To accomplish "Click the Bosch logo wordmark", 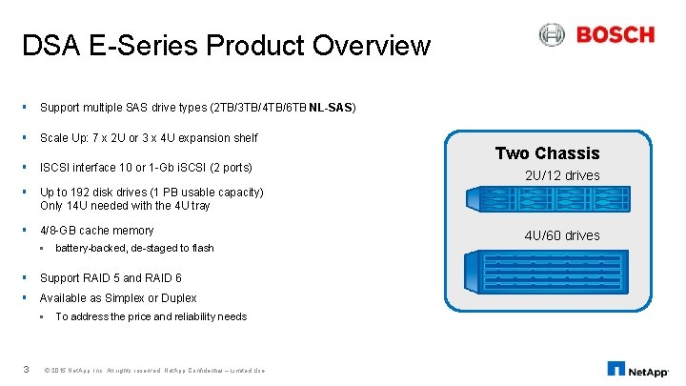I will [x=615, y=35].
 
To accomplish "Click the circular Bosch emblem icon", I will [x=552, y=35].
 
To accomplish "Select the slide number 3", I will [x=26, y=370].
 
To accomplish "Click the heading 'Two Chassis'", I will [x=547, y=153].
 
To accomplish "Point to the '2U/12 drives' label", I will [x=562, y=175].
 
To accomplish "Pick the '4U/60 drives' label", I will [x=562, y=235].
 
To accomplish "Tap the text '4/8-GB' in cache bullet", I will [x=59, y=231].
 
